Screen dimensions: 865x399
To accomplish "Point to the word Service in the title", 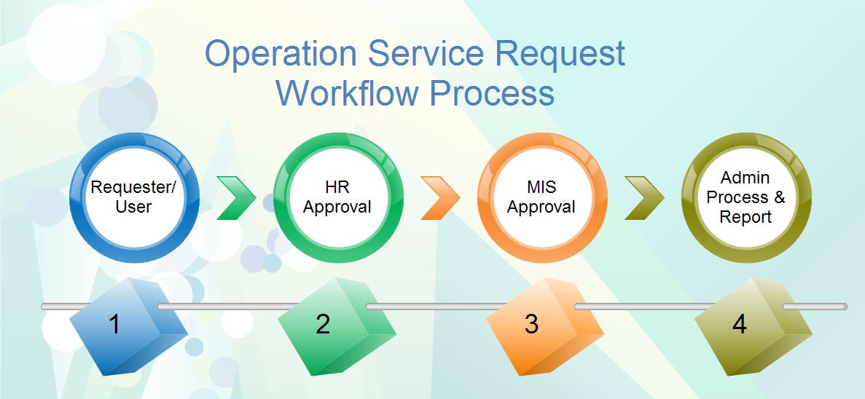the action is (426, 53).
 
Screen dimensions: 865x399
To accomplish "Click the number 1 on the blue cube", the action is (114, 324).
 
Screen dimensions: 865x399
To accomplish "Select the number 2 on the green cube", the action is (323, 324).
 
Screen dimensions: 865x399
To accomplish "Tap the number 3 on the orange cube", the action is (531, 324).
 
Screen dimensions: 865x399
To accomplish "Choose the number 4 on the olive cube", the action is (739, 324).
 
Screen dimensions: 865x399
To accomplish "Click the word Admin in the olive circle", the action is (745, 178).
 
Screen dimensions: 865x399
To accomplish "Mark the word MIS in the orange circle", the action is (541, 187).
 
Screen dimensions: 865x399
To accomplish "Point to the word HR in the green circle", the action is (337, 187).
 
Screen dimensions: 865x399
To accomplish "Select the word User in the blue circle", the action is (133, 207).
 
